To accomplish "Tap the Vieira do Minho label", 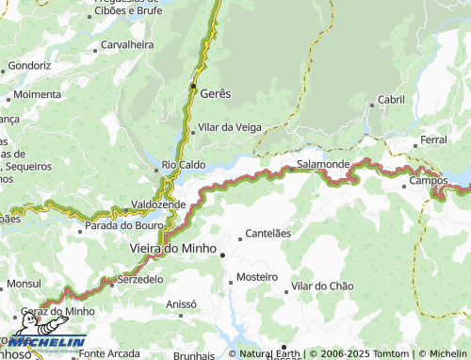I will [x=165, y=248].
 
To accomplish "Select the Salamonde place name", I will [x=323, y=164].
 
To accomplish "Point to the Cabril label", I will [x=391, y=99].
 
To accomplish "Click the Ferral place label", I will [x=434, y=139].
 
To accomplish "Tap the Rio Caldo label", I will [x=185, y=164].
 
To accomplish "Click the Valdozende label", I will [x=158, y=204].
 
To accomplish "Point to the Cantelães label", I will [x=268, y=233].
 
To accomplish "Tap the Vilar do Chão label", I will [x=322, y=286].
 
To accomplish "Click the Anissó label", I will [x=180, y=304].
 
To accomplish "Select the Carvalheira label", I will [x=127, y=44].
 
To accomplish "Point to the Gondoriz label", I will [x=28, y=66].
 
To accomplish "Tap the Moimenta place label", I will [x=38, y=95].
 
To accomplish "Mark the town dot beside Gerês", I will [x=193, y=87].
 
